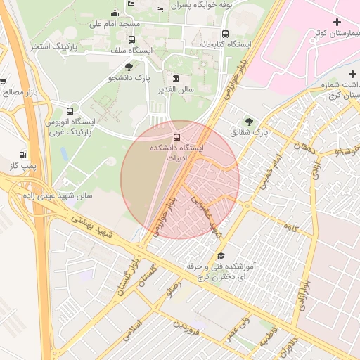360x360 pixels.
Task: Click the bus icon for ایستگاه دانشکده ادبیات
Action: (x=176, y=137)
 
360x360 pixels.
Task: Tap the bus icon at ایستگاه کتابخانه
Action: (x=225, y=33)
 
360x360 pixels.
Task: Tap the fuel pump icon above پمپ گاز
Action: (x=24, y=155)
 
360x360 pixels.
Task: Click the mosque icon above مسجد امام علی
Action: (x=115, y=13)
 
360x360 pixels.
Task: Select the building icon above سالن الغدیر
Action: (x=174, y=78)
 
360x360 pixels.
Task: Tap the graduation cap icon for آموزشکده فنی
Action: (x=221, y=256)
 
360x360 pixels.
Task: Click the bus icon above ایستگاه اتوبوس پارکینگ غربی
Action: (x=69, y=111)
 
